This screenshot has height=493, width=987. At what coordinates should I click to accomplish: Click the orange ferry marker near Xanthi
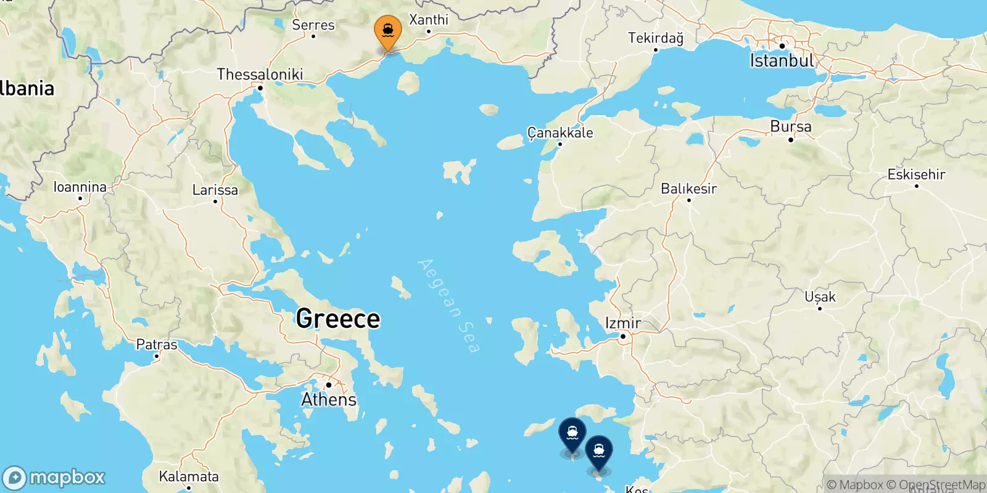pyautogui.click(x=388, y=31)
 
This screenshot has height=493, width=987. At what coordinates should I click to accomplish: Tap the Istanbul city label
pyautogui.click(x=782, y=61)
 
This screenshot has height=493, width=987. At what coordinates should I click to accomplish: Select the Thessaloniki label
pyautogui.click(x=260, y=75)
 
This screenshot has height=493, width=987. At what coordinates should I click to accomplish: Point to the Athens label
pyautogui.click(x=329, y=399)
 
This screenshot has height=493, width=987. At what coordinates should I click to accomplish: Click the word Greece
pyautogui.click(x=338, y=319)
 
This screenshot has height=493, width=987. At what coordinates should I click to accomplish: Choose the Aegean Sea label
pyautogui.click(x=448, y=306)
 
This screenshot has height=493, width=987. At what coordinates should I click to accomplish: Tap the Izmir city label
pyautogui.click(x=623, y=323)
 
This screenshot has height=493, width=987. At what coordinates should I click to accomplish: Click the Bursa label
pyautogui.click(x=791, y=126)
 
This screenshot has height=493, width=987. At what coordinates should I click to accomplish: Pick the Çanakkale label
pyautogui.click(x=560, y=132)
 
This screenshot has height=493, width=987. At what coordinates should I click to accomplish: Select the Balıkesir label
pyautogui.click(x=688, y=189)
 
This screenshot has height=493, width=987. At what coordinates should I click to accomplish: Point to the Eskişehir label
pyautogui.click(x=916, y=174)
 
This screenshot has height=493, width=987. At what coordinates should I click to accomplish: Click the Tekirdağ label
pyautogui.click(x=656, y=38)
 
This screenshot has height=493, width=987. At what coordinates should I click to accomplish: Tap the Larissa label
pyautogui.click(x=215, y=190)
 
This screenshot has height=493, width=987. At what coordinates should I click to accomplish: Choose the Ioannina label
pyautogui.click(x=80, y=187)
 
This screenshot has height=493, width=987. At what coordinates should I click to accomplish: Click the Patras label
pyautogui.click(x=157, y=344)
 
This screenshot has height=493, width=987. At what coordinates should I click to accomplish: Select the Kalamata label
pyautogui.click(x=189, y=476)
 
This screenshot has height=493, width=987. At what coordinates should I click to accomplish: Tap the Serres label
pyautogui.click(x=313, y=25)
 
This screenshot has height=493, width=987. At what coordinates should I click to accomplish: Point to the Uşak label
pyautogui.click(x=820, y=297)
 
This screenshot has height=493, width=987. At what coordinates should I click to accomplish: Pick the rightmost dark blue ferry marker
pyautogui.click(x=598, y=451)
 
